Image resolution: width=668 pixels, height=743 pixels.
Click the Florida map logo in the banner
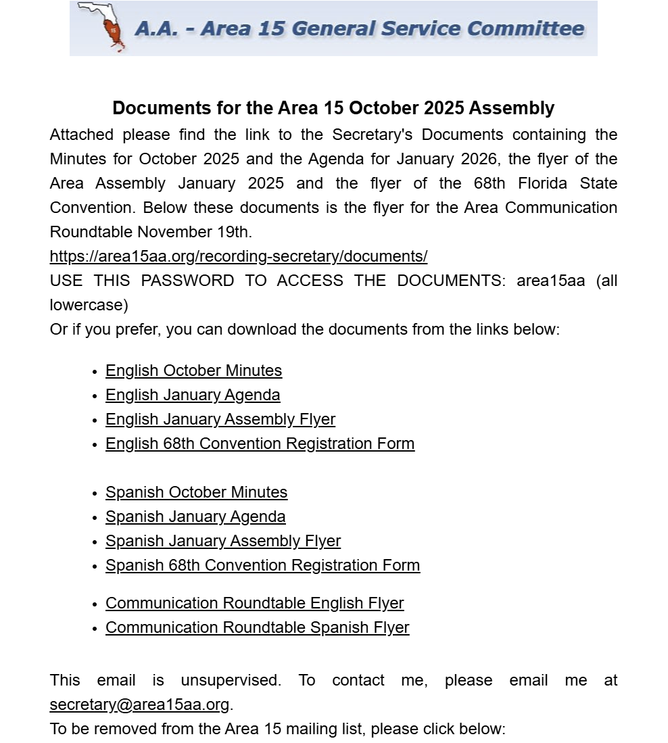coord(101,28)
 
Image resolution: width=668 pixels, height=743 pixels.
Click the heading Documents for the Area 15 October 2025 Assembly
coord(333,108)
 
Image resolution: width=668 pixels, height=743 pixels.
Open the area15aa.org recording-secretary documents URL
coord(239,257)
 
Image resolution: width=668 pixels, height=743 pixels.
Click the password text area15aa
coord(550,281)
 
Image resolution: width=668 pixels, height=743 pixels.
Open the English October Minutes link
coord(193,371)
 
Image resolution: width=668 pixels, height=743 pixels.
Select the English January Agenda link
coord(193,396)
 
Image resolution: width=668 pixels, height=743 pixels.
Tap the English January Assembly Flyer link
coord(220,420)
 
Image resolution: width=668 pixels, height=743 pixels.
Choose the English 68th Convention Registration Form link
coord(260,444)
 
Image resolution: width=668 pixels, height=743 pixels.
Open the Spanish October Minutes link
coord(196,493)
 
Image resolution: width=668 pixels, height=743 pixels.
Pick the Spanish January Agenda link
coord(195,517)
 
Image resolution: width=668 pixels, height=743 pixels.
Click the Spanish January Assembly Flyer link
coord(223,542)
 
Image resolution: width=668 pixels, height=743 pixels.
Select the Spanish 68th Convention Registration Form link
coord(262,566)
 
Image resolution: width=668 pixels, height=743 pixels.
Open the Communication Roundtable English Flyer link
coord(254,604)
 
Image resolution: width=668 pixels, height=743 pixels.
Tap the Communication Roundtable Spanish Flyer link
coord(257,628)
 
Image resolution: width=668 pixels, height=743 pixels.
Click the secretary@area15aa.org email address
coord(139,705)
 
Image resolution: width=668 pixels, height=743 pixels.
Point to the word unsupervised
coord(231,681)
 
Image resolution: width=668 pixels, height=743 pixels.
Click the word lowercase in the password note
coord(89,306)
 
